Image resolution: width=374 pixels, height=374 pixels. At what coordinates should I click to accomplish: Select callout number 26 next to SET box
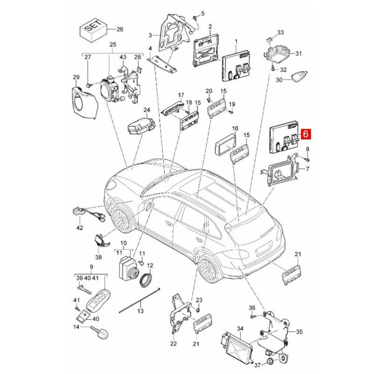[x=120, y=29]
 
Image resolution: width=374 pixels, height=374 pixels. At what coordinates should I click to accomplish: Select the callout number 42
[x=79, y=228]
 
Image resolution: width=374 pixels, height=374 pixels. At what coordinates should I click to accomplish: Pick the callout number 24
[x=146, y=110]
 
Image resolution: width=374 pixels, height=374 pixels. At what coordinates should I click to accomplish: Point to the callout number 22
[x=173, y=344]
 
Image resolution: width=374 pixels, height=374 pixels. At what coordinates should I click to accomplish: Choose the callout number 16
[x=235, y=128]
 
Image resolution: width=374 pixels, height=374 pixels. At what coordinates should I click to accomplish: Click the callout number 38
[x=98, y=257]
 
